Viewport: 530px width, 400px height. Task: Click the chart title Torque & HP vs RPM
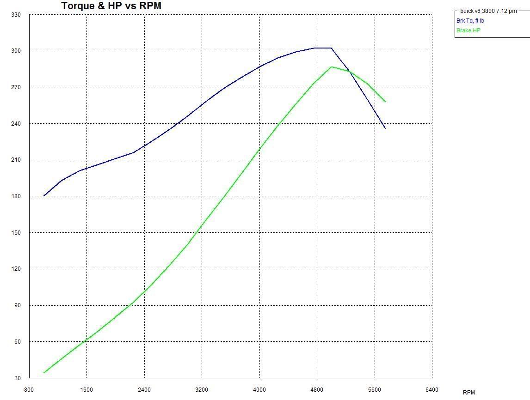point(111,6)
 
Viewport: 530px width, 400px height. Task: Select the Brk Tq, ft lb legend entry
point(470,21)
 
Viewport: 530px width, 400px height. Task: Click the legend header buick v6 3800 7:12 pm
point(488,11)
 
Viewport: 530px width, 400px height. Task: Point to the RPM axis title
point(468,393)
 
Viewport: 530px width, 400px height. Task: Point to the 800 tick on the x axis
point(29,390)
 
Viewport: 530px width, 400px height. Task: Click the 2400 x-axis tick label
point(144,390)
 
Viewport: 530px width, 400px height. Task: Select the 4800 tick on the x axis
point(317,390)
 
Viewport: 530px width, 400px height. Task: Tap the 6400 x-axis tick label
point(431,390)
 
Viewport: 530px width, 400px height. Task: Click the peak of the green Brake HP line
point(332,67)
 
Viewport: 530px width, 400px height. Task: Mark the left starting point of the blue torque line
point(43,196)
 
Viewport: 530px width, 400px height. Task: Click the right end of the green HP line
point(385,102)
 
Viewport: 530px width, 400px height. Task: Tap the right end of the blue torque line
point(385,128)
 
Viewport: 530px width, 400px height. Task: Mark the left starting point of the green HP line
point(43,373)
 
